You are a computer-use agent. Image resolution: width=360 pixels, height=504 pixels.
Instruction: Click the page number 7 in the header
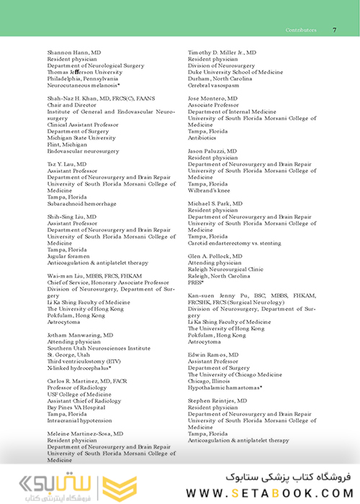click(335, 30)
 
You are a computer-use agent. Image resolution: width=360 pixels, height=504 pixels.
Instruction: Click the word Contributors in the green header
click(302, 30)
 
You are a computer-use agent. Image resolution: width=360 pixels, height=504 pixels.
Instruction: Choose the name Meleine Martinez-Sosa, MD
click(85, 434)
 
